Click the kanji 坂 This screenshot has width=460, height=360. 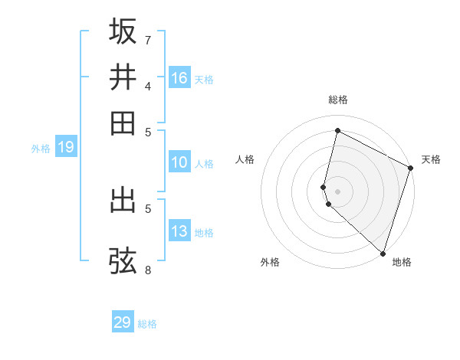(123, 31)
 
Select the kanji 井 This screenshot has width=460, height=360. (123, 77)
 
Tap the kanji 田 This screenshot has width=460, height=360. (123, 123)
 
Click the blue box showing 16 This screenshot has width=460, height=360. (179, 78)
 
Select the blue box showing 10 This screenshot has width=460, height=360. (179, 162)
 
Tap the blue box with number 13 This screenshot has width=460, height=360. (179, 231)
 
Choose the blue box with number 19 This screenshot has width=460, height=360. (66, 147)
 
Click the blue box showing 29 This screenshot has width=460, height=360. (123, 322)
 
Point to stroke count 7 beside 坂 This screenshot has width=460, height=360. (148, 40)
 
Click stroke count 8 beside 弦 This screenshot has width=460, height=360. (148, 270)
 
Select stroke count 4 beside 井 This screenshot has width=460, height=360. (148, 86)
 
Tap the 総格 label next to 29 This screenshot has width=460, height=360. (147, 324)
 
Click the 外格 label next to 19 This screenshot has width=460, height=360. (41, 149)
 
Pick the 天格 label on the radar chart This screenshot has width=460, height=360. (431, 159)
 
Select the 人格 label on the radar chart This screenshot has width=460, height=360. (245, 159)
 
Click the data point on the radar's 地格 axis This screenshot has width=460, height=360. (383, 253)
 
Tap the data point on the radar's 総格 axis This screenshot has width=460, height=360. (337, 130)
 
